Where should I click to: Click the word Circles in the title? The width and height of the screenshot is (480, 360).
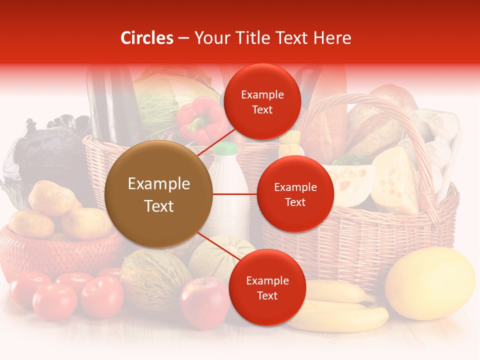(146, 38)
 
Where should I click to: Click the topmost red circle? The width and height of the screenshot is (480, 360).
(262, 101)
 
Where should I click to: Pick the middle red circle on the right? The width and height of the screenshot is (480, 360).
(295, 194)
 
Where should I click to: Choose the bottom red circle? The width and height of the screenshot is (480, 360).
(267, 287)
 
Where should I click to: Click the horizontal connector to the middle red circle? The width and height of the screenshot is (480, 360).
(235, 194)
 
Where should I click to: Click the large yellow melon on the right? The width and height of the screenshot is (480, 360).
(430, 283)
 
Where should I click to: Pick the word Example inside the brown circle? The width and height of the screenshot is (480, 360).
(158, 184)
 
